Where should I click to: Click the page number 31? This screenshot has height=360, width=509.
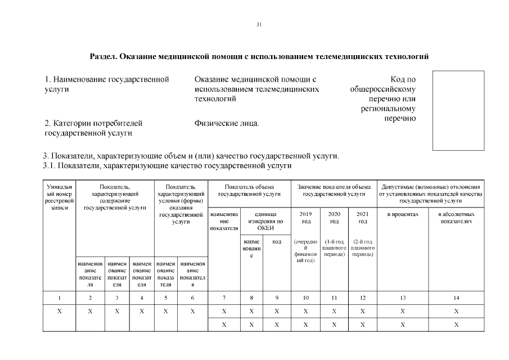click(259, 24)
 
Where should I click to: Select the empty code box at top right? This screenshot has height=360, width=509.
click(458, 110)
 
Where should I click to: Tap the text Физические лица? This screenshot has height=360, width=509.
click(227, 123)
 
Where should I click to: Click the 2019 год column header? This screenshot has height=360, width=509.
click(306, 217)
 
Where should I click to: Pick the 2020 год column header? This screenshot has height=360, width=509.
click(334, 217)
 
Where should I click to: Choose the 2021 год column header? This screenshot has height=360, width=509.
click(362, 217)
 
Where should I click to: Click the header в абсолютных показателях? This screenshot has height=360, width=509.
click(456, 217)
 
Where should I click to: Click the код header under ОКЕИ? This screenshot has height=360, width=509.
click(277, 241)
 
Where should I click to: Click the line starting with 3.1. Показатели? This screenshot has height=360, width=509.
click(167, 166)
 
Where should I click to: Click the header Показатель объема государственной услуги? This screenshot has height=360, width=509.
click(249, 190)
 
